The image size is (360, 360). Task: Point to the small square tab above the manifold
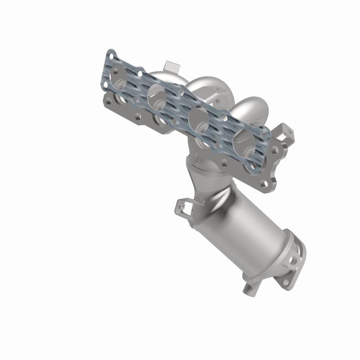171,66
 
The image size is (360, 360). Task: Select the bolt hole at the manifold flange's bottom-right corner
269,184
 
